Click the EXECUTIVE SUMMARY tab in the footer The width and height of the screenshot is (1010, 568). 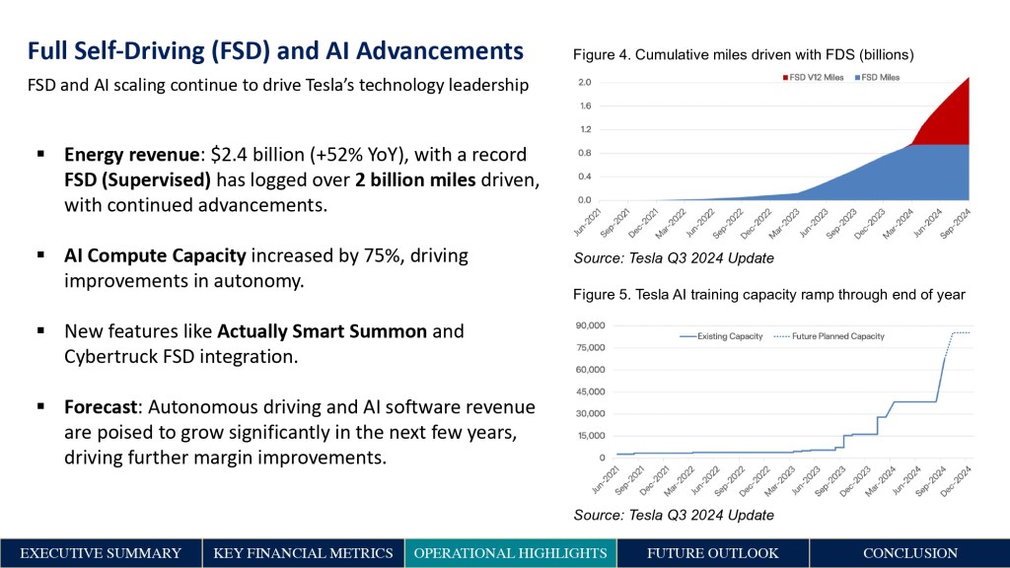101,553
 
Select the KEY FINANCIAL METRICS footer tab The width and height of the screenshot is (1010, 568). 303,553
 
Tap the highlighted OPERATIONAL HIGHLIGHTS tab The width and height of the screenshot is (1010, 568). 510,553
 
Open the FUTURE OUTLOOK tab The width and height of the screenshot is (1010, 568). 712,553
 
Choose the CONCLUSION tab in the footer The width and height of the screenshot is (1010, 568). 909,553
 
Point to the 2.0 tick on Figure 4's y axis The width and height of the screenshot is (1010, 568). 585,83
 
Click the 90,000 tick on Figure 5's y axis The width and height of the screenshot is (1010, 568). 590,325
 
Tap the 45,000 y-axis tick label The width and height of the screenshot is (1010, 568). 590,391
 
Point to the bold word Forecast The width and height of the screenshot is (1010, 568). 102,407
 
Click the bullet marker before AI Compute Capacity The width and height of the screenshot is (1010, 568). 41,255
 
